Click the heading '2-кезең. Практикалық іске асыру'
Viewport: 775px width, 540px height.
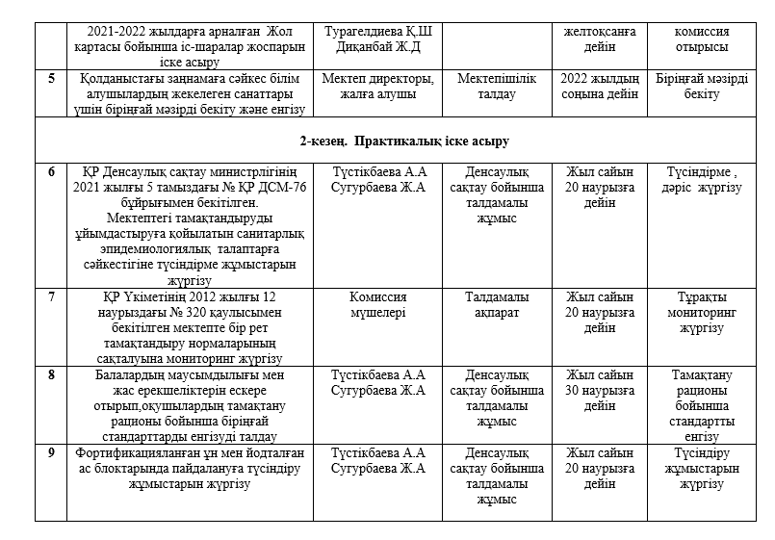pos(387,141)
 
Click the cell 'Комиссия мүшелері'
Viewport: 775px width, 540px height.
pos(378,304)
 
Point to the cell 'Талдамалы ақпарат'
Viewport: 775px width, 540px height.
pos(498,304)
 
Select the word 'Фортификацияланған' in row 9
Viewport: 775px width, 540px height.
pos(132,452)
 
